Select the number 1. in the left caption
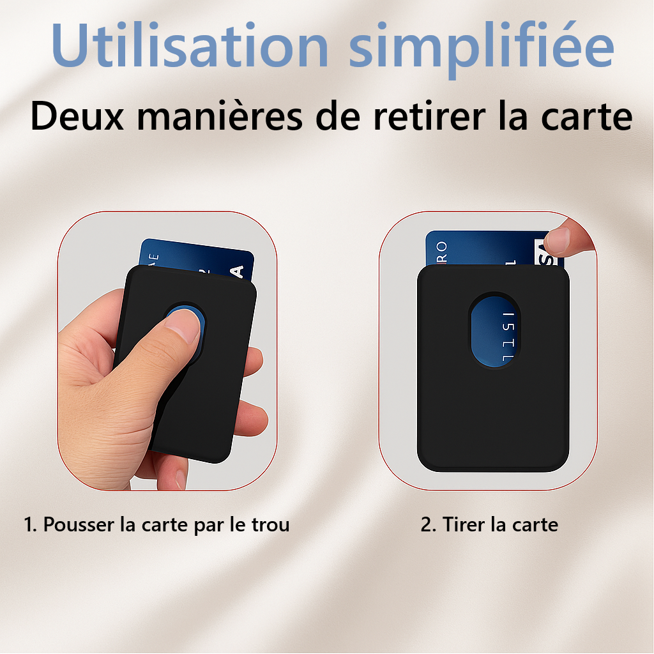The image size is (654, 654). click(31, 525)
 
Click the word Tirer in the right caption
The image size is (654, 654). click(465, 525)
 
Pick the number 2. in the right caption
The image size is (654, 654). click(428, 525)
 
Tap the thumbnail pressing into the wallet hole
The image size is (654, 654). click(183, 327)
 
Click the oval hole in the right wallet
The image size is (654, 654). click(494, 331)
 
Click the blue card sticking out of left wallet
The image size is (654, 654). click(192, 259)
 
